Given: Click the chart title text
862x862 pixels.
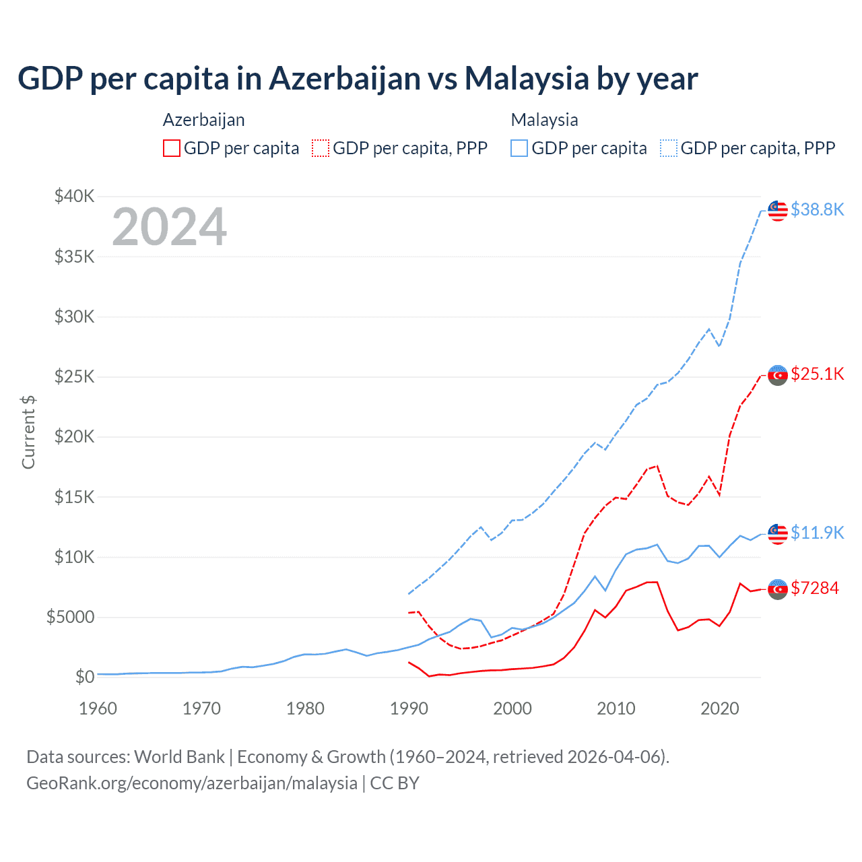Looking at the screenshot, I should pyautogui.click(x=358, y=78).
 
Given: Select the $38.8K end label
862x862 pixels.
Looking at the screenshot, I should pyautogui.click(x=817, y=209).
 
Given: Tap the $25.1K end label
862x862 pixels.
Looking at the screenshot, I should pyautogui.click(x=817, y=374).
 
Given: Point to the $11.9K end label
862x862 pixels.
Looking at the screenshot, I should pyautogui.click(x=817, y=533).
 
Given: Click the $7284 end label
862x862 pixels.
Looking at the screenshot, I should pyautogui.click(x=815, y=588).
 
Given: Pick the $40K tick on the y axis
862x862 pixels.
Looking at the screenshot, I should pyautogui.click(x=75, y=196).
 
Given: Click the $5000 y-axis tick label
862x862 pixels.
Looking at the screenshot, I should pyautogui.click(x=70, y=617).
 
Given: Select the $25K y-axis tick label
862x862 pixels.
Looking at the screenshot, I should pyautogui.click(x=75, y=376).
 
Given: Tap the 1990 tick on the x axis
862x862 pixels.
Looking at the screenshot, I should pyautogui.click(x=409, y=708).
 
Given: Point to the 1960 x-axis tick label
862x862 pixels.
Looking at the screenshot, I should pyautogui.click(x=98, y=708).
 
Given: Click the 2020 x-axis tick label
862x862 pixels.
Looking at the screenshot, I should pyautogui.click(x=720, y=708).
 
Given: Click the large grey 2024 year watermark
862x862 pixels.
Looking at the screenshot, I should pyautogui.click(x=169, y=227).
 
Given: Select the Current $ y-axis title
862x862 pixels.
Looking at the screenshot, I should pyautogui.click(x=28, y=432).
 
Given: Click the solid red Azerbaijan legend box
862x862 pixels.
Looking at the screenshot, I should pyautogui.click(x=172, y=148).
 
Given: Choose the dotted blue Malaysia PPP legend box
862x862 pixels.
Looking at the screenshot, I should pyautogui.click(x=669, y=148).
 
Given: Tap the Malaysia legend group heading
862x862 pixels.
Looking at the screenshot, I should pyautogui.click(x=544, y=120).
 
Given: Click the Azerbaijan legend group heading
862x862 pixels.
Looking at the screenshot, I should pyautogui.click(x=203, y=120).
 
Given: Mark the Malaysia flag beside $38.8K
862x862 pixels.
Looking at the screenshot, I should pyautogui.click(x=778, y=210).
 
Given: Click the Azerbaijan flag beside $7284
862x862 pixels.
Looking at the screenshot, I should pyautogui.click(x=778, y=589).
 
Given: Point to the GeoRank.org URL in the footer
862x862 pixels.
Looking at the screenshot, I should pyautogui.click(x=192, y=783).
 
